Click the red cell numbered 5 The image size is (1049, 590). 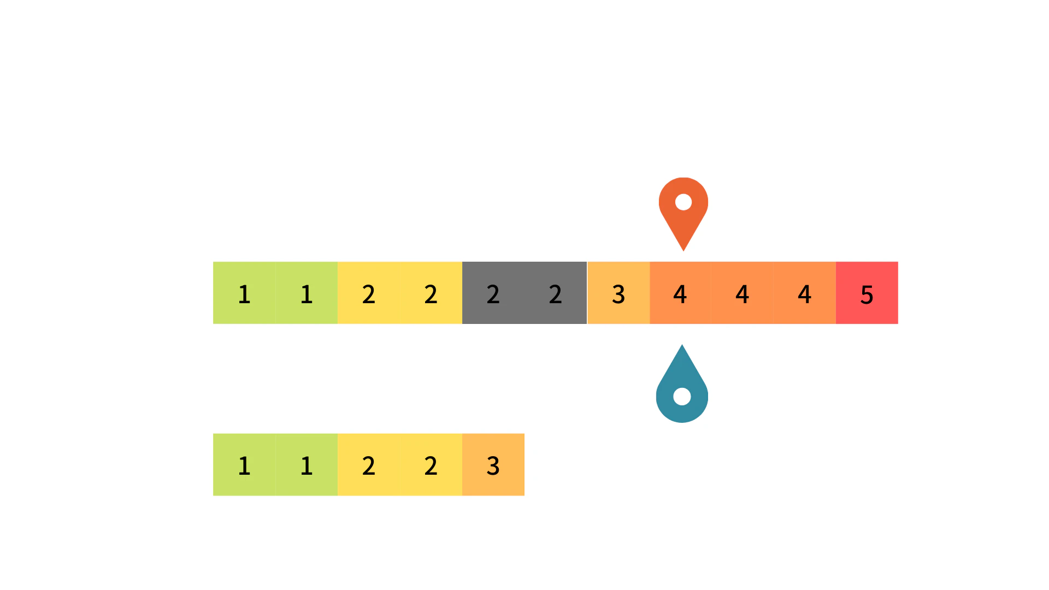coord(867,293)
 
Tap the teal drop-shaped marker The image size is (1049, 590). coord(682,388)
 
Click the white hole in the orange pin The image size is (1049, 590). coord(683,202)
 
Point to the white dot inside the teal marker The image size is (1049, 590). coord(682,397)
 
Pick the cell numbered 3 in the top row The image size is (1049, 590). coord(618,293)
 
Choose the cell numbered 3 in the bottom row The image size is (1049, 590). coord(493,465)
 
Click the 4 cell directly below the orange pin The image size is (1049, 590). coord(680,293)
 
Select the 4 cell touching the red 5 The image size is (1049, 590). coord(805,293)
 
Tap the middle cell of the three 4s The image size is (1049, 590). coord(742,293)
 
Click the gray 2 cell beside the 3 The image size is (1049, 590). coord(556,293)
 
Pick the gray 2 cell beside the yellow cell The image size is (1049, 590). coord(493,293)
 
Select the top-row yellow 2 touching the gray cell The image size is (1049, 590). coord(431,293)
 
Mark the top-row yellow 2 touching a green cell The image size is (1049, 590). coord(369,293)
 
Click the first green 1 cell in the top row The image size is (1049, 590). coord(244,293)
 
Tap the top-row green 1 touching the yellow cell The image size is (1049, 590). coord(307,293)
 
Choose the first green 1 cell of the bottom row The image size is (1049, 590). coord(244,465)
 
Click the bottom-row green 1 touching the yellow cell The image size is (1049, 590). coord(307,465)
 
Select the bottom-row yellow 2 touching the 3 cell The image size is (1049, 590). coord(431,465)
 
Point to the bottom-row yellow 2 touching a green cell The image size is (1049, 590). coord(369,465)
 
